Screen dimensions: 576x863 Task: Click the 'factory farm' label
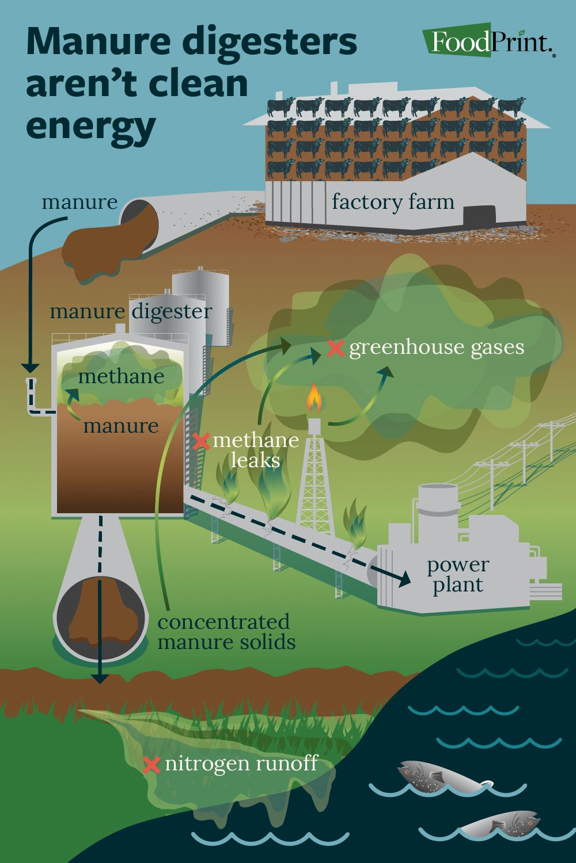(393, 202)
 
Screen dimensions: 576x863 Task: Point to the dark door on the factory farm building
(479, 216)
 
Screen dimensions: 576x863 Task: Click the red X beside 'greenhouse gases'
(336, 348)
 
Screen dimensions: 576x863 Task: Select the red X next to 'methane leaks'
(201, 441)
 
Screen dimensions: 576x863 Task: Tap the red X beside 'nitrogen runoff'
(151, 765)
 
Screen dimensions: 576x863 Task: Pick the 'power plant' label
(458, 575)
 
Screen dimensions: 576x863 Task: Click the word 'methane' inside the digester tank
(121, 376)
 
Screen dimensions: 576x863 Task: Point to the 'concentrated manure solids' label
(226, 632)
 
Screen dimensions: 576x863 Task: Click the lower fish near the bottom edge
(502, 824)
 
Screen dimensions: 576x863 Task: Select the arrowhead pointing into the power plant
(403, 578)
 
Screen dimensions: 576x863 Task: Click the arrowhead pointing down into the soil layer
(100, 678)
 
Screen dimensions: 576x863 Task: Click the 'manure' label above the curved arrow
(79, 203)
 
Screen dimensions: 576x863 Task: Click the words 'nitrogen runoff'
(241, 763)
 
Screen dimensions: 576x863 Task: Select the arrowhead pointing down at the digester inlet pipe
(30, 368)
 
